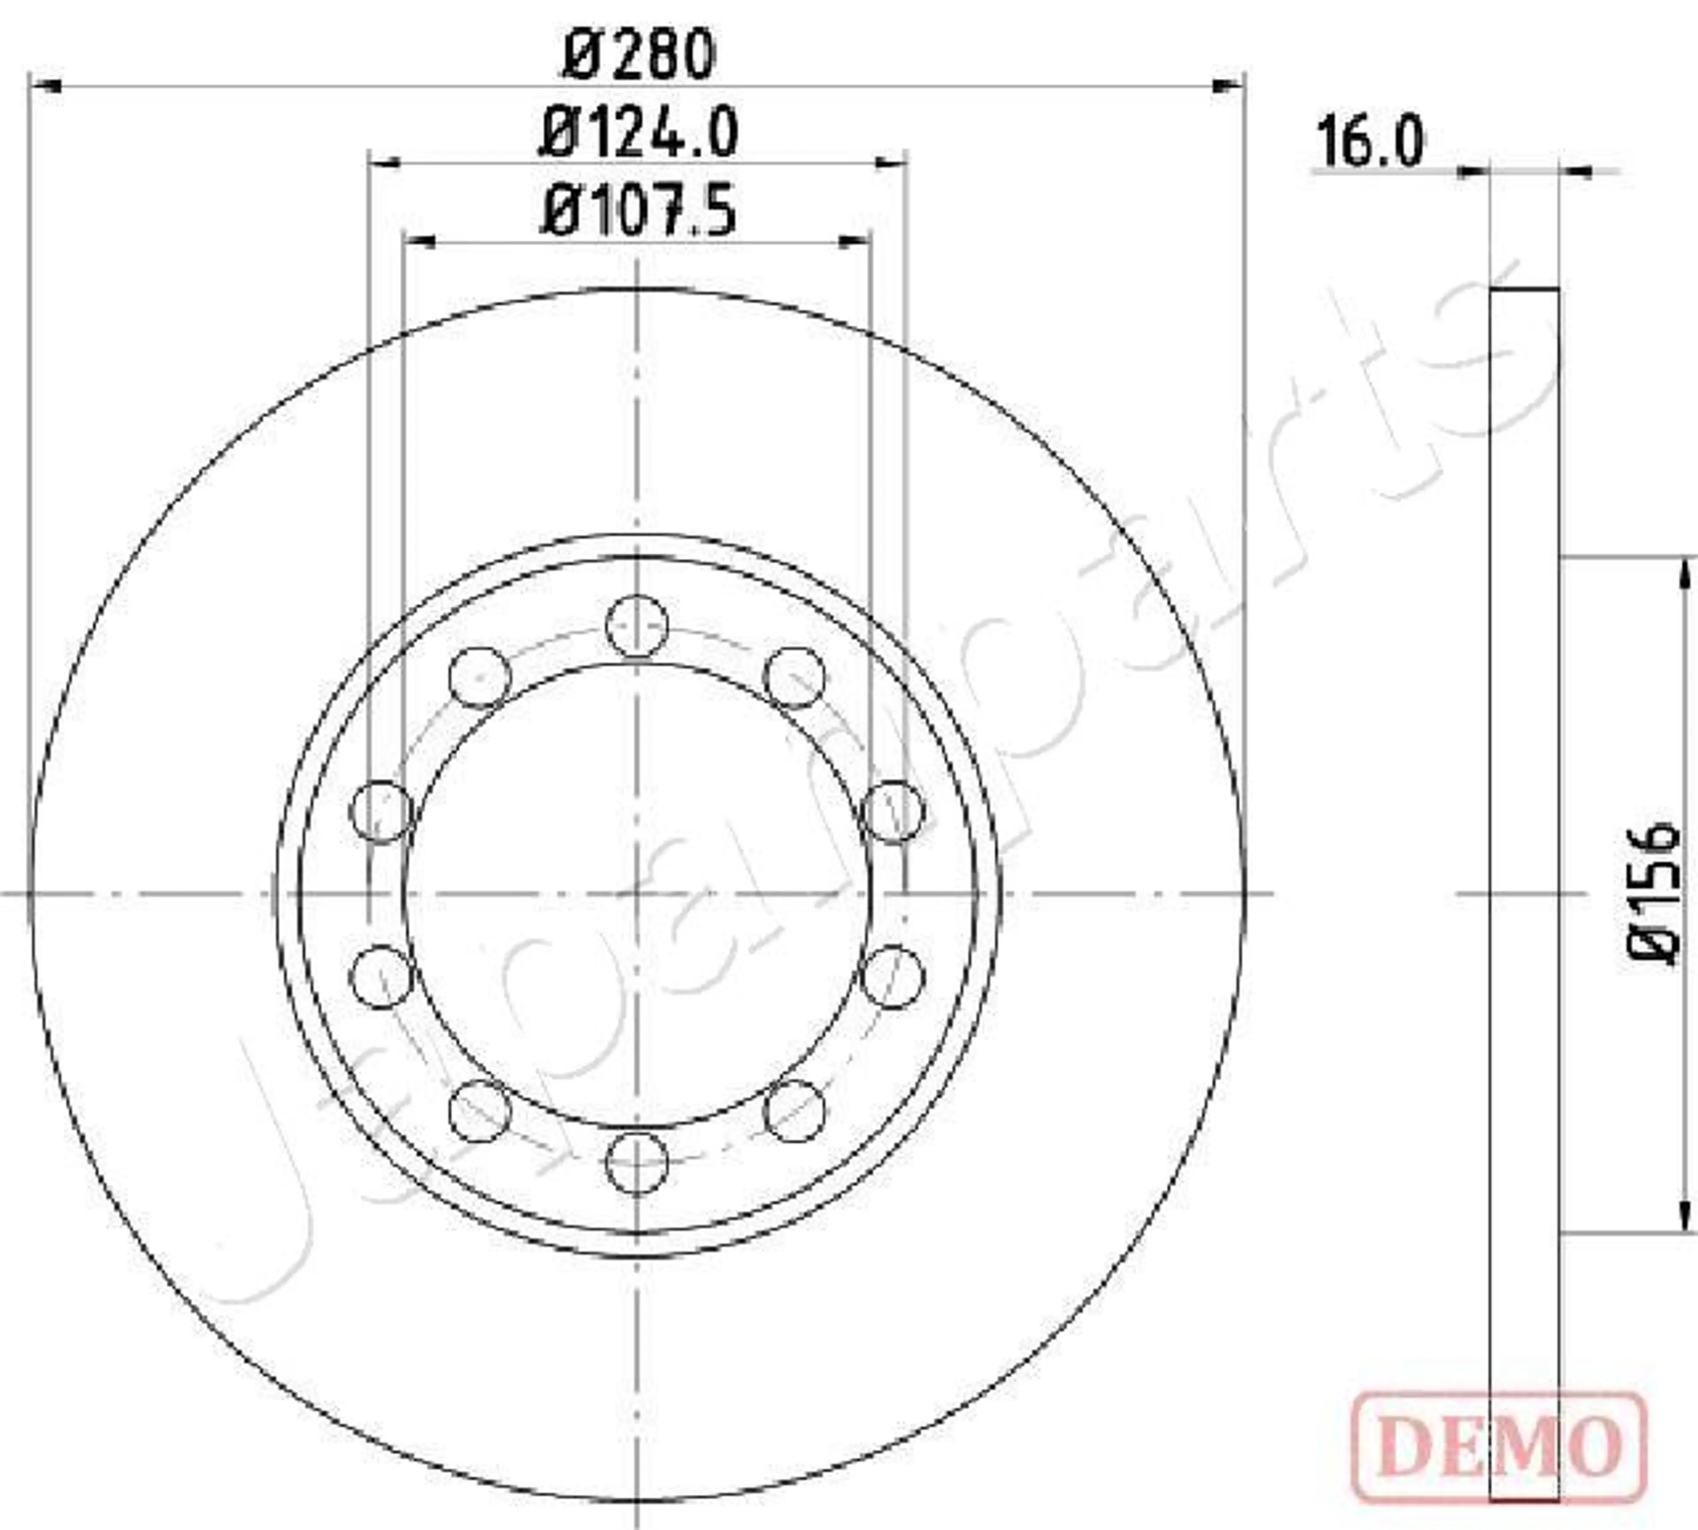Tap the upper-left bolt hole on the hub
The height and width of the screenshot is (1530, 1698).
pyautogui.click(x=479, y=677)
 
